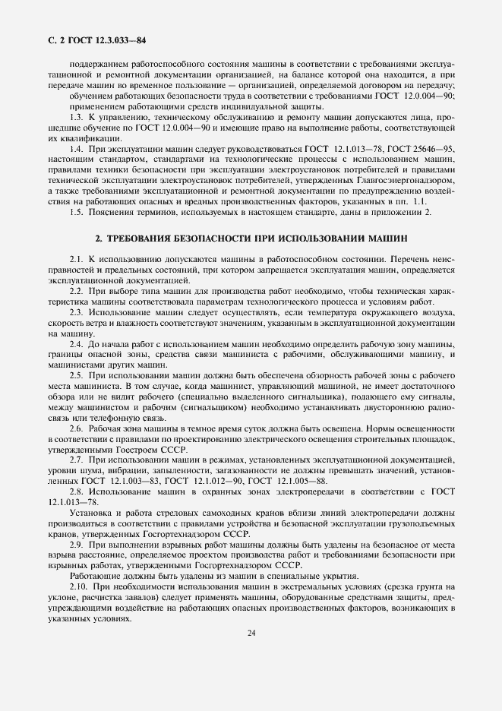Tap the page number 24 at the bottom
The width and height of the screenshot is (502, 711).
pos(251,634)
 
